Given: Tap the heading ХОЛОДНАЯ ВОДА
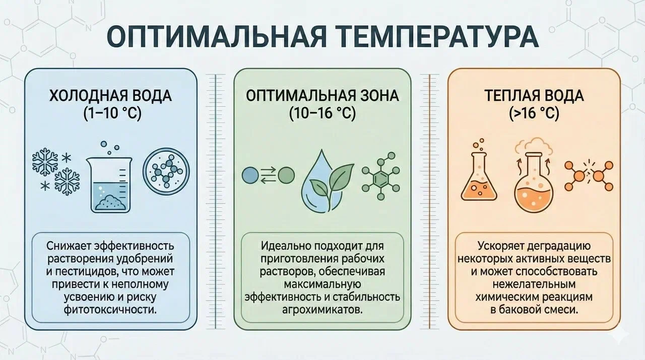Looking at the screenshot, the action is (x=110, y=96).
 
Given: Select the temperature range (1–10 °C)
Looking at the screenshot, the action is (x=112, y=113).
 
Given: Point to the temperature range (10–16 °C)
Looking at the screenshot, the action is (x=322, y=113).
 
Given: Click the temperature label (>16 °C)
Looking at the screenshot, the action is (x=534, y=113).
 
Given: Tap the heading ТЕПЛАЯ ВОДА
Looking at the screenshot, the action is (x=534, y=96).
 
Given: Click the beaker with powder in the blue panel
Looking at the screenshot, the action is (x=110, y=185).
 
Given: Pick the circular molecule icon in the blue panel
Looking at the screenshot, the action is (x=166, y=173).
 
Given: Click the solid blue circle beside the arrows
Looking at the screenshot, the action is (x=250, y=175).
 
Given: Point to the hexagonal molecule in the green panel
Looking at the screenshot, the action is (x=380, y=176).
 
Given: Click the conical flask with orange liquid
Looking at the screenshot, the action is (x=479, y=175).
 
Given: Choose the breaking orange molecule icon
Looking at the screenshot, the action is (x=589, y=175).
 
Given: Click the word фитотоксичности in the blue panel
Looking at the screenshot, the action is (x=110, y=310).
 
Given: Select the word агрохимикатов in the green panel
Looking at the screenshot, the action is (x=321, y=310).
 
